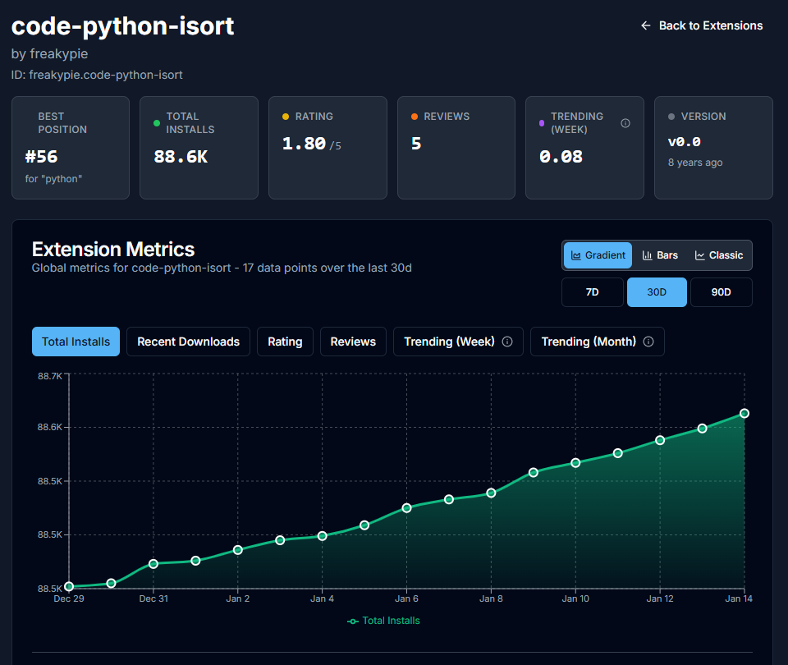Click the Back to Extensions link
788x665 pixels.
point(702,25)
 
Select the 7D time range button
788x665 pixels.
point(592,292)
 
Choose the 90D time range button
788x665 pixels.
point(721,292)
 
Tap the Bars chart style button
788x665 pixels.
point(660,255)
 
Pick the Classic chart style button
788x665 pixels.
point(719,255)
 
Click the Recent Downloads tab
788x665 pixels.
point(188,342)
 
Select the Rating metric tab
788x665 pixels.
point(285,342)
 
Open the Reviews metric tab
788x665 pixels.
point(353,342)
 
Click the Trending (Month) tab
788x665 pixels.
point(589,342)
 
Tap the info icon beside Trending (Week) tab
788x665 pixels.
point(507,342)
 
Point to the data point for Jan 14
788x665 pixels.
point(744,413)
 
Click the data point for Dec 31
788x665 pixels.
point(153,564)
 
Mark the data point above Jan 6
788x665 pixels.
point(407,508)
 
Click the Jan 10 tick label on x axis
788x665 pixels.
point(575,598)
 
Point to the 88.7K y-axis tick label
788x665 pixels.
point(49,376)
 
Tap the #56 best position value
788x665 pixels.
point(41,156)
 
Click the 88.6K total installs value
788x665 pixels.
point(181,156)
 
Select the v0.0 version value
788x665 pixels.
point(684,141)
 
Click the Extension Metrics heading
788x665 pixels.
point(113,249)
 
